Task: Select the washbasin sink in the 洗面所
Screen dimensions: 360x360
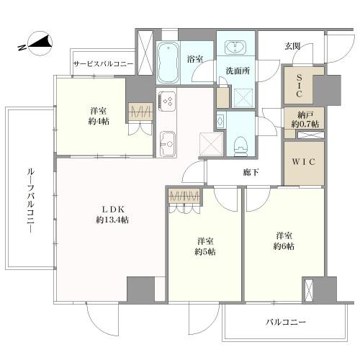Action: (235, 49)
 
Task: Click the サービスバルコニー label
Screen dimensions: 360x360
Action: (102, 64)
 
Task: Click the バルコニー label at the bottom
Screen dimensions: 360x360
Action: (286, 322)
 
